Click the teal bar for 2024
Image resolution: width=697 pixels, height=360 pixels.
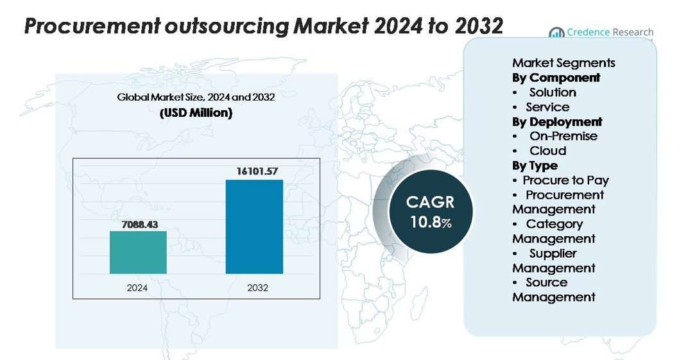click(x=138, y=252)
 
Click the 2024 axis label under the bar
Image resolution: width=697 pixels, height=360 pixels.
click(x=137, y=287)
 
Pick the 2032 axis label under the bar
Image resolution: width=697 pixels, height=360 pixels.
click(x=257, y=287)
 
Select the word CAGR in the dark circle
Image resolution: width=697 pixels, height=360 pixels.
click(x=430, y=202)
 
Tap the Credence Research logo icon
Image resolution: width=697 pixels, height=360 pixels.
click(x=556, y=33)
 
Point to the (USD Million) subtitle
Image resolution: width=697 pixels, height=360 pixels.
click(x=196, y=114)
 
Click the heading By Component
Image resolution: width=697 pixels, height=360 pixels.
click(x=556, y=78)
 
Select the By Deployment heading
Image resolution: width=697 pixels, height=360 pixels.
click(x=557, y=122)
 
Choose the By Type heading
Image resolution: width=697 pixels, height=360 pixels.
click(x=535, y=166)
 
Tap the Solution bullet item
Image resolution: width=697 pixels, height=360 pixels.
click(x=553, y=92)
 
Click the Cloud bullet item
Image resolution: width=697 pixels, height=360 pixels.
click(x=547, y=151)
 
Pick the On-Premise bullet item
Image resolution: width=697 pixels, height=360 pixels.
click(x=563, y=136)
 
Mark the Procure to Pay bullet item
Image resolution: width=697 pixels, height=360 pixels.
click(x=565, y=180)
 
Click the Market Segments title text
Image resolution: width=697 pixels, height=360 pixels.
click(x=564, y=63)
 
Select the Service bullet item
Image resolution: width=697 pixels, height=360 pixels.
click(x=547, y=107)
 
